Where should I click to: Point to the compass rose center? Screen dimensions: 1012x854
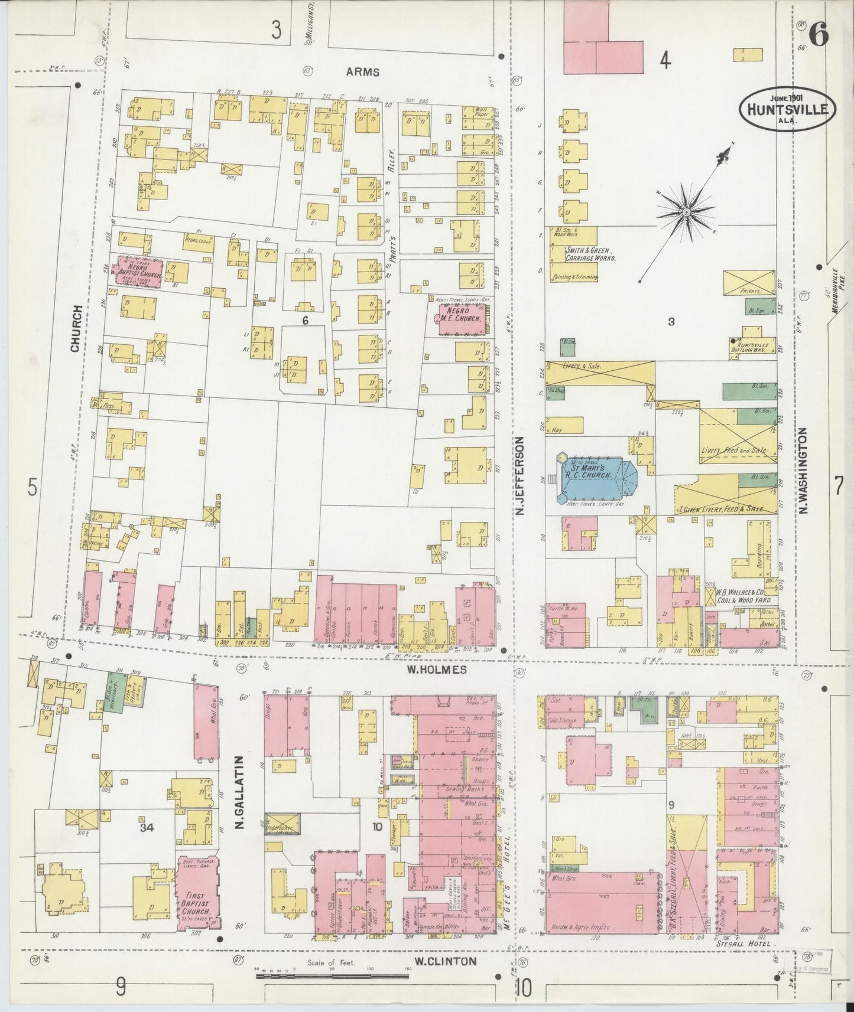[686, 211]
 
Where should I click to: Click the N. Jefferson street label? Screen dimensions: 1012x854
[520, 476]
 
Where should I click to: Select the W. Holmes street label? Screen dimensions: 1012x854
[437, 670]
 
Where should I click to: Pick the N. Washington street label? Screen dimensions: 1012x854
[805, 471]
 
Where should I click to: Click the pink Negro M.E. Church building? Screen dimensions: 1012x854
[464, 319]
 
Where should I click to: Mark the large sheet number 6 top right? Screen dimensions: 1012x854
[818, 36]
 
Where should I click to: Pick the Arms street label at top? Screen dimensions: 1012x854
[362, 72]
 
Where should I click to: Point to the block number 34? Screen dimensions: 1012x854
[147, 828]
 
